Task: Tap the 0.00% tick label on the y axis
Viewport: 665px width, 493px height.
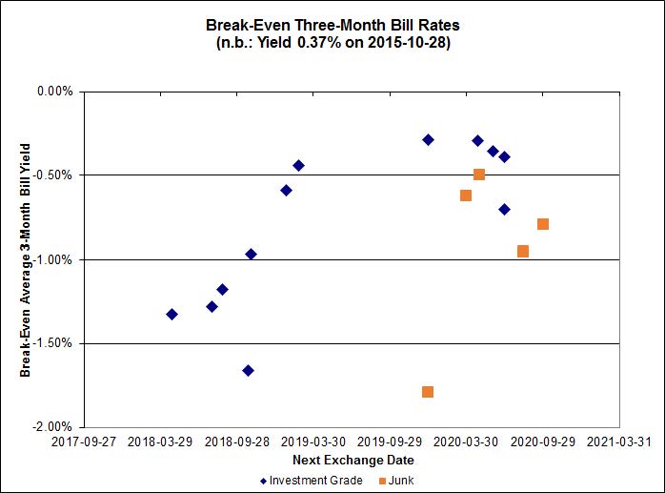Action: click(54, 92)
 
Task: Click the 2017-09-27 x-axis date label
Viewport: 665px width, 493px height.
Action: click(84, 442)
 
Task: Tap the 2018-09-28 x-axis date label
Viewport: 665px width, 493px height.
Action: click(237, 442)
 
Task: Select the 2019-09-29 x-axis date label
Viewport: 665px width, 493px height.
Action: click(391, 442)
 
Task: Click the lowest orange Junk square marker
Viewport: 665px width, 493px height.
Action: click(428, 392)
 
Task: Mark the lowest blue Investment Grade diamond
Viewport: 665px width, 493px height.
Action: click(248, 370)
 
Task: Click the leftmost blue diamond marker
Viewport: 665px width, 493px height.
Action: click(171, 314)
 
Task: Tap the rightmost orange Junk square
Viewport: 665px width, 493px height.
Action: click(543, 224)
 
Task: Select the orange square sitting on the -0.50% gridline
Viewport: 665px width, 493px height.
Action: click(479, 175)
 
